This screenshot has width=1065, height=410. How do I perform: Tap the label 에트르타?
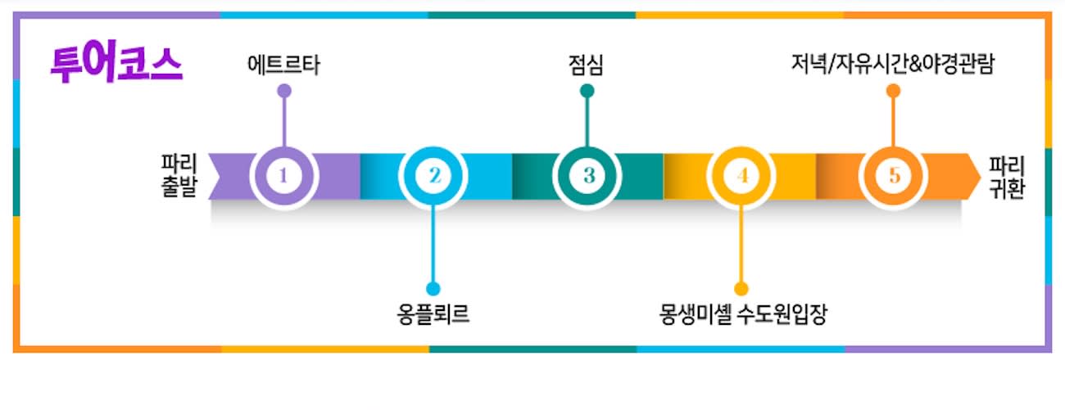[x=283, y=65]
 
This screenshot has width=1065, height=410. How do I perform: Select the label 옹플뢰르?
[x=433, y=314]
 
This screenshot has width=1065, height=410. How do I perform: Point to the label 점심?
[x=587, y=65]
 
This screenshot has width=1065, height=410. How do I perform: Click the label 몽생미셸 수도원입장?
[x=743, y=314]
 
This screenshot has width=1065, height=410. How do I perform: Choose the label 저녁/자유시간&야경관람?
[x=892, y=64]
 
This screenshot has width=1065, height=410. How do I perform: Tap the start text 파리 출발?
[x=179, y=175]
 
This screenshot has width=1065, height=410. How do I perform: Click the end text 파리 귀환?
[x=1007, y=178]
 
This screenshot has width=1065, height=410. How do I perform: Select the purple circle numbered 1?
[x=283, y=176]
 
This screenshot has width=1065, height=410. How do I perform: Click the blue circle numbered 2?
[x=433, y=176]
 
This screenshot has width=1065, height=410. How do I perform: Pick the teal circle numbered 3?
[x=587, y=176]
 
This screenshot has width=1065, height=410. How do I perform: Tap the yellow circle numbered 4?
[x=741, y=176]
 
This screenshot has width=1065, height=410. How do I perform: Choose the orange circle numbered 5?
[x=893, y=176]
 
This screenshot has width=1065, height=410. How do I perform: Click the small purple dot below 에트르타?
[x=284, y=91]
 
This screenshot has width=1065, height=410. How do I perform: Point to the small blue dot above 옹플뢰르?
[x=433, y=288]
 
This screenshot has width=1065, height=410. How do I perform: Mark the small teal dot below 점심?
[x=587, y=91]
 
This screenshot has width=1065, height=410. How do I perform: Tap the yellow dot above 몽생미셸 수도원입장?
[x=741, y=288]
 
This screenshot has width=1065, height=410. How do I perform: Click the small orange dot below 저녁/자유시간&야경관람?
[x=893, y=91]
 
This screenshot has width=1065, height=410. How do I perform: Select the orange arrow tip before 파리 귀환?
[x=981, y=178]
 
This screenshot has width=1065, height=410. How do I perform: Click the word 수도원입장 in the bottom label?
[x=782, y=314]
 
